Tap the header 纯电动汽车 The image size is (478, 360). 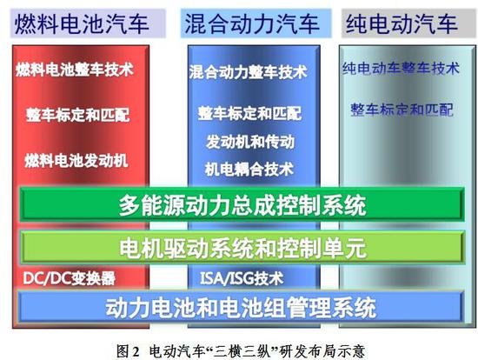pyautogui.click(x=401, y=21)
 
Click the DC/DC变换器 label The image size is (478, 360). pyautogui.click(x=69, y=279)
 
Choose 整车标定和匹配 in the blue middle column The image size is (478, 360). pyautogui.click(x=249, y=113)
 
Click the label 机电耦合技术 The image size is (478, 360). pyautogui.click(x=249, y=168)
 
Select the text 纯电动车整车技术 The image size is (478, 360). pyautogui.click(x=400, y=67)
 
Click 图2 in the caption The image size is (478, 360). pyautogui.click(x=129, y=349)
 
